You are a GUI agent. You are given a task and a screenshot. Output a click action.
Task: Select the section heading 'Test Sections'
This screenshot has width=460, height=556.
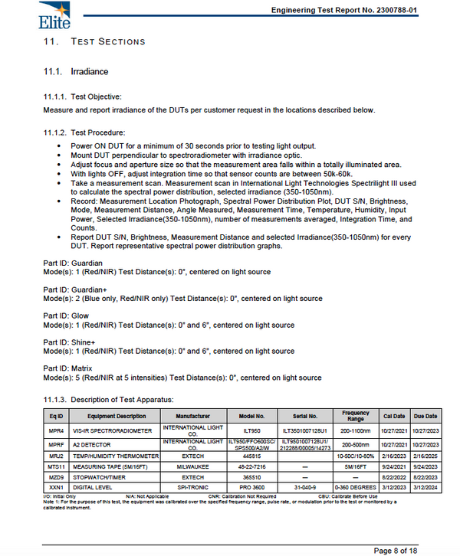click(x=107, y=41)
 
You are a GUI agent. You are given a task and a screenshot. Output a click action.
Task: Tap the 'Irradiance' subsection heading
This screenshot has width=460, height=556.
click(x=89, y=71)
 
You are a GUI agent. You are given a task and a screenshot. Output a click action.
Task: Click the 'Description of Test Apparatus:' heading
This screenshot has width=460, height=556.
click(x=122, y=399)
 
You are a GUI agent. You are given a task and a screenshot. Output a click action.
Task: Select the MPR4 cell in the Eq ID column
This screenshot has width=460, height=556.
click(x=55, y=430)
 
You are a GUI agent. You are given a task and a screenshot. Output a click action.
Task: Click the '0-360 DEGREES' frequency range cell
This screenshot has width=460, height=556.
click(x=356, y=486)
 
